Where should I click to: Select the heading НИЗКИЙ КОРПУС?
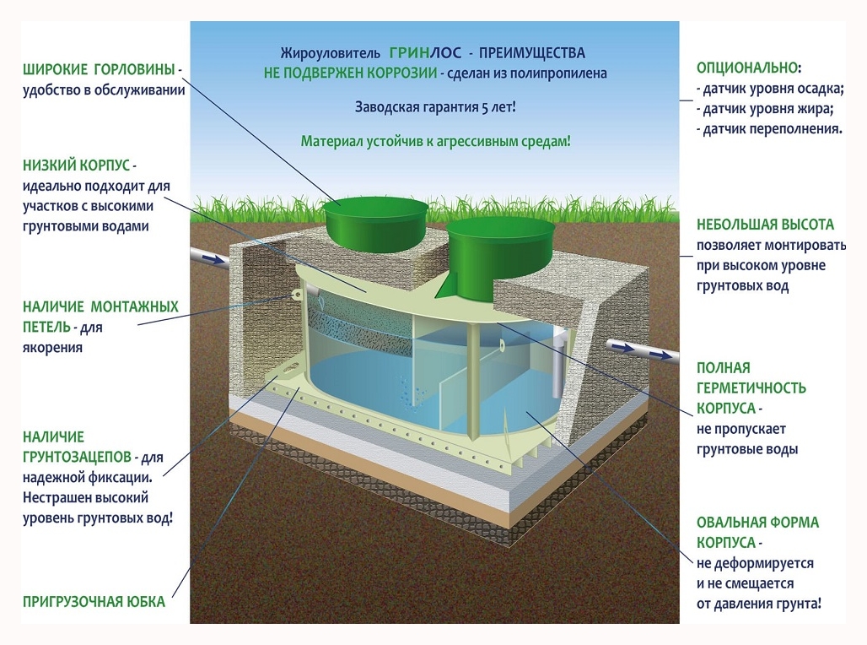tap(77, 165)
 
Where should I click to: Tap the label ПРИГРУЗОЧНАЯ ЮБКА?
tap(94, 603)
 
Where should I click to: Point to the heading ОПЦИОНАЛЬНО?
tap(747, 68)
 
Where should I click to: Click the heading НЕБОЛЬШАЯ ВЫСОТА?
tap(765, 225)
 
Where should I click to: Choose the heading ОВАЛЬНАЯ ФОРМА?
tap(757, 523)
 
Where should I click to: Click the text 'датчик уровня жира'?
tap(764, 109)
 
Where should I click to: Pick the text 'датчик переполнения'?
tap(768, 129)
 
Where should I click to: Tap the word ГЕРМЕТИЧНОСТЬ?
tap(751, 388)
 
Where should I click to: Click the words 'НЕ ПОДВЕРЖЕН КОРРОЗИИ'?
tap(350, 73)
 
